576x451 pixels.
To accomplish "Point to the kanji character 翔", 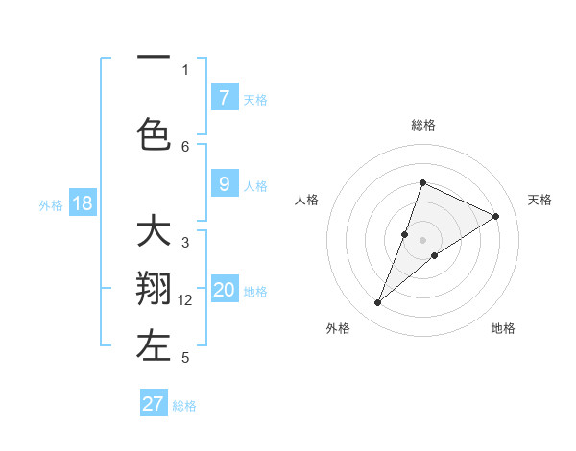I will (154, 291).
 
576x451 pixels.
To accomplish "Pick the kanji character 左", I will (154, 347).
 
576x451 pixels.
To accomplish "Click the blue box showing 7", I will (224, 98).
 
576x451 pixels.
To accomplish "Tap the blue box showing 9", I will (224, 185).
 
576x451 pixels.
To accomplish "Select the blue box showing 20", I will (225, 291).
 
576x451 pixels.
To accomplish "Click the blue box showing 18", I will (82, 203).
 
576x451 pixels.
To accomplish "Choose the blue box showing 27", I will (154, 404).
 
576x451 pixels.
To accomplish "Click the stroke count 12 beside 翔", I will (185, 300).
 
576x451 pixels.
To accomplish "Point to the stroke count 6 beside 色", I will (185, 146).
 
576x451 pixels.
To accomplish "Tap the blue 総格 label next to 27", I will (184, 406).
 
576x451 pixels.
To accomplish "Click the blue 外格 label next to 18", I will (51, 204).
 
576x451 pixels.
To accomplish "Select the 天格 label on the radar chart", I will (540, 200).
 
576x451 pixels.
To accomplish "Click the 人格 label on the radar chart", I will (306, 200).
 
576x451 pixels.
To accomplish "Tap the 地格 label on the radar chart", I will (503, 328).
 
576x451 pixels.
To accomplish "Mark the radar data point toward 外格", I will (378, 303).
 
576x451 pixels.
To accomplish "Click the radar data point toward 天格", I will (495, 217).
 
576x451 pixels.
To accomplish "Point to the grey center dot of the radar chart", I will (422, 240).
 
